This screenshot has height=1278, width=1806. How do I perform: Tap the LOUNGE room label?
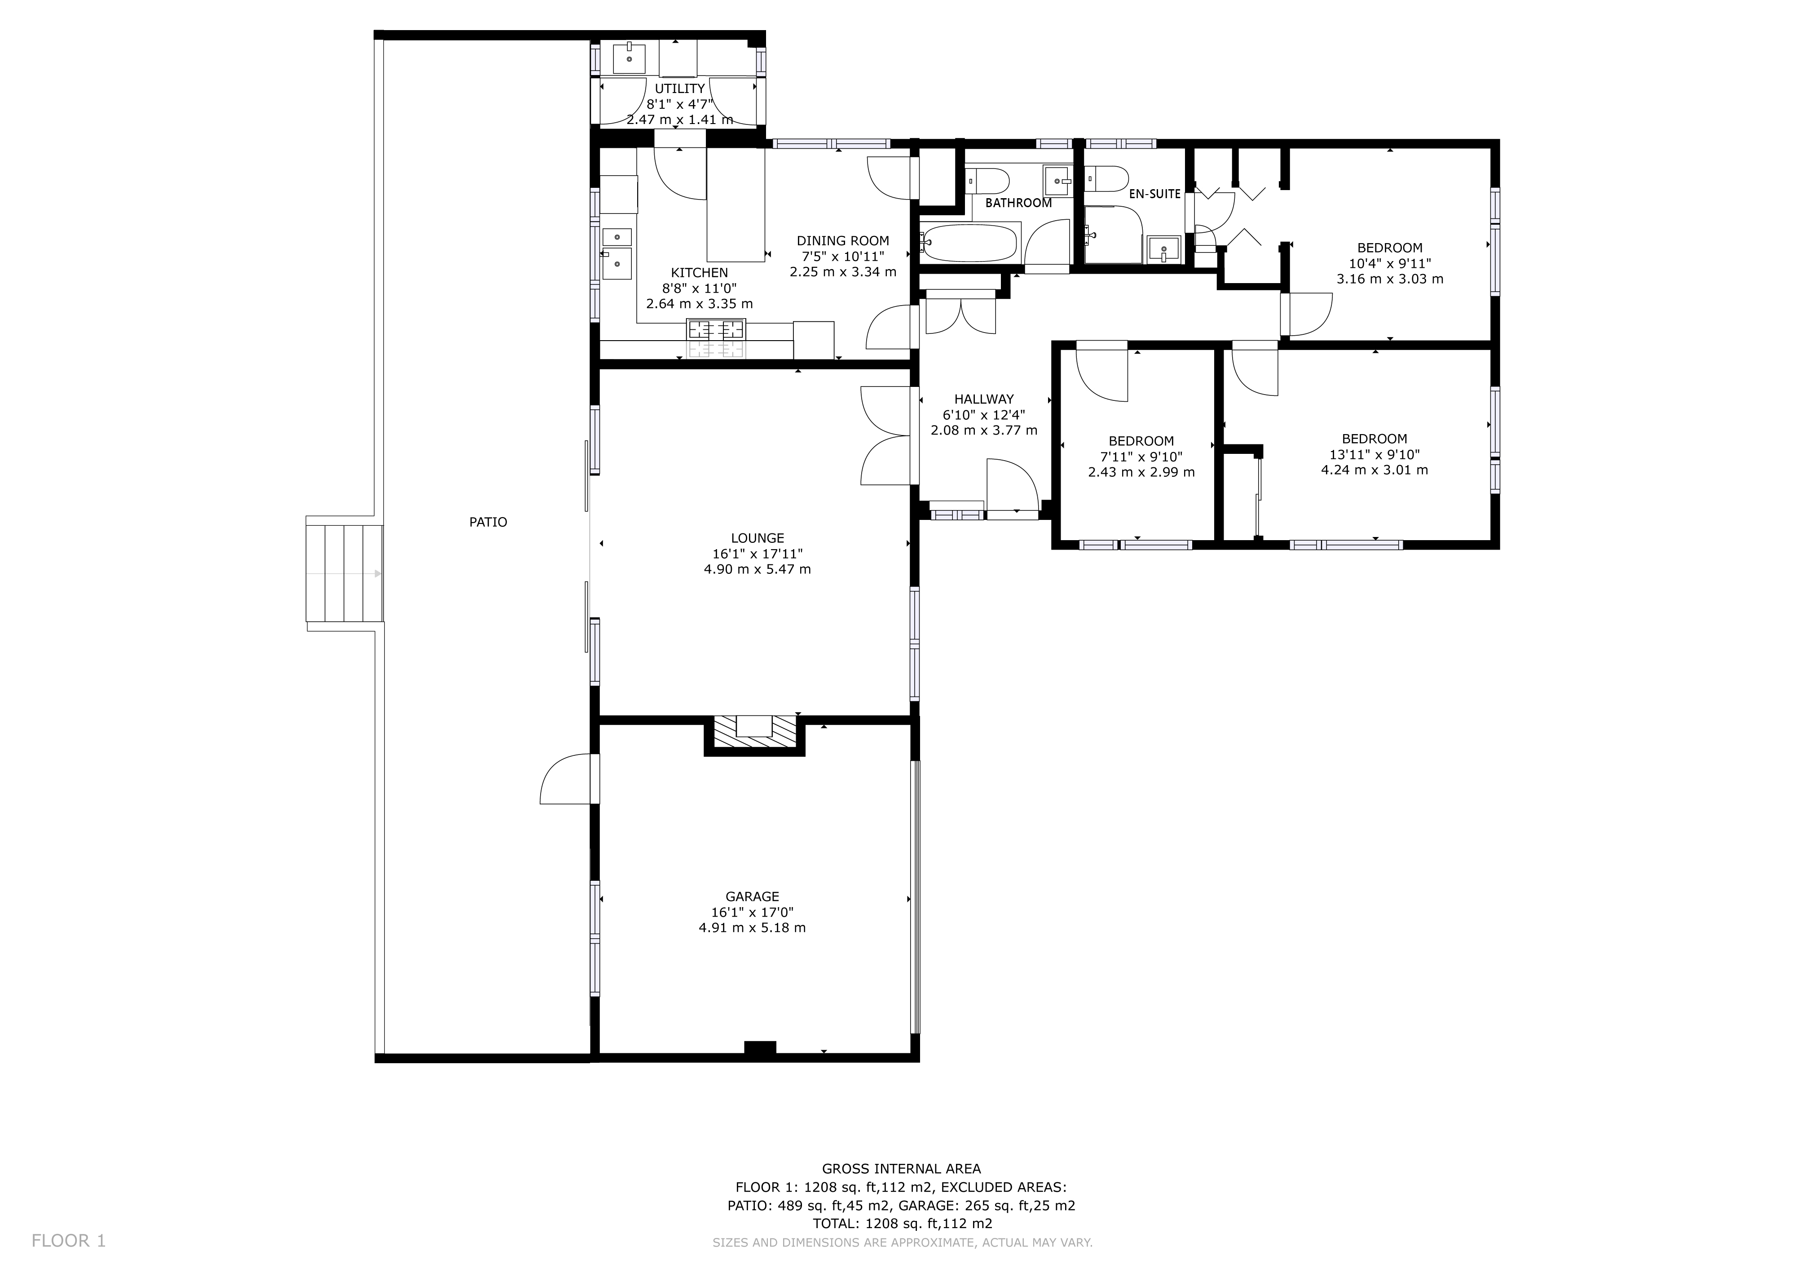click(757, 538)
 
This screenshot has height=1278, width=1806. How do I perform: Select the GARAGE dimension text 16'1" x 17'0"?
click(752, 913)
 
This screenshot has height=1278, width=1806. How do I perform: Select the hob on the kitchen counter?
click(716, 329)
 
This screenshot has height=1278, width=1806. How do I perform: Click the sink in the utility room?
click(629, 59)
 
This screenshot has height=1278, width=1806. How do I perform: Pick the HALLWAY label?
click(984, 399)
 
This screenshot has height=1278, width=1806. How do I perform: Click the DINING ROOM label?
click(842, 241)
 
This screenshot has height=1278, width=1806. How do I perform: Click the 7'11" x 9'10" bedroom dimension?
click(1141, 457)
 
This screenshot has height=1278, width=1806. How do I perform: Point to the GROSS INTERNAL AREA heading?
click(901, 1169)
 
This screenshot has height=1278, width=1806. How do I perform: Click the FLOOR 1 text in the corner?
click(68, 1241)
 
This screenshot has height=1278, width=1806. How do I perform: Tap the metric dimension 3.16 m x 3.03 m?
click(1389, 279)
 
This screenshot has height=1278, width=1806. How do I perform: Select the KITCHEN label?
click(699, 273)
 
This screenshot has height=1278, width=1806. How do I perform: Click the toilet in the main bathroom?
click(988, 181)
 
